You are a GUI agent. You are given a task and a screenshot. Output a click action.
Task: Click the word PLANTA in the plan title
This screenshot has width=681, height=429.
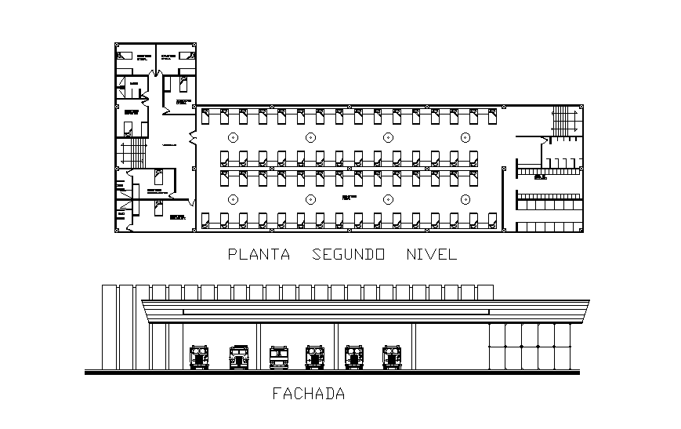pos(258,254)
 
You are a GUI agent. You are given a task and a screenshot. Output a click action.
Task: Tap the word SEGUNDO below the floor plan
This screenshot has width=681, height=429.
pos(348,254)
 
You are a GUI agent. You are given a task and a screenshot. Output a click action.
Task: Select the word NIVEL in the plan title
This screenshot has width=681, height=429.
pos(431,254)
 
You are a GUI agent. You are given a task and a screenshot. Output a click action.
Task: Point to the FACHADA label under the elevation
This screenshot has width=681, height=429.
pos(308,394)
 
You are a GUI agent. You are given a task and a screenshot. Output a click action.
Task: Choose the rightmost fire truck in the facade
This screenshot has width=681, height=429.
pos(392,357)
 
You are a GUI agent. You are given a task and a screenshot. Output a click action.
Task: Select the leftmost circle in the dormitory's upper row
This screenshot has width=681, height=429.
pos(233,136)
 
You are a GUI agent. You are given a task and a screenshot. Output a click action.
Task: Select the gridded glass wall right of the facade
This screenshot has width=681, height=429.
pos(531,345)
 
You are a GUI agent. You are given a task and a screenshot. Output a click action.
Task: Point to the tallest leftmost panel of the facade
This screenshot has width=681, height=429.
pos(109,328)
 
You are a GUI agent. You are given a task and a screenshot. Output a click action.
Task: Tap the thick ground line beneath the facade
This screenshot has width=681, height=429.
pos(332,373)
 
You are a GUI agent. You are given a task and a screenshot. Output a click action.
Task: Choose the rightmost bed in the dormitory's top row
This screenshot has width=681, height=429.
pos(492,117)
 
